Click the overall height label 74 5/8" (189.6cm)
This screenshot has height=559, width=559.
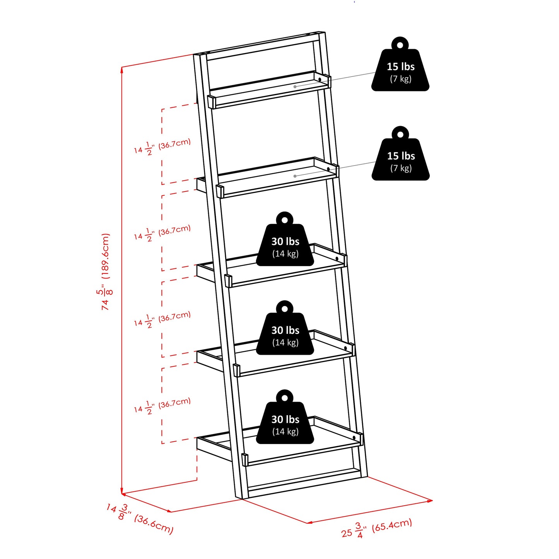pos(105,272)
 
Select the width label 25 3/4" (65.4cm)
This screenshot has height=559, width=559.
pos(376,528)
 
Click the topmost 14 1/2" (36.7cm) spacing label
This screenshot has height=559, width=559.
pos(162,146)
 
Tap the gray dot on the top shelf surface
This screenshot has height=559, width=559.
pos(295,87)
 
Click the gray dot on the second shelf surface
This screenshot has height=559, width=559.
pos(295,176)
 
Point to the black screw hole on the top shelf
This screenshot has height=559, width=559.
pos(320,80)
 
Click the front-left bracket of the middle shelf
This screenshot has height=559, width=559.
pos(228,280)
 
